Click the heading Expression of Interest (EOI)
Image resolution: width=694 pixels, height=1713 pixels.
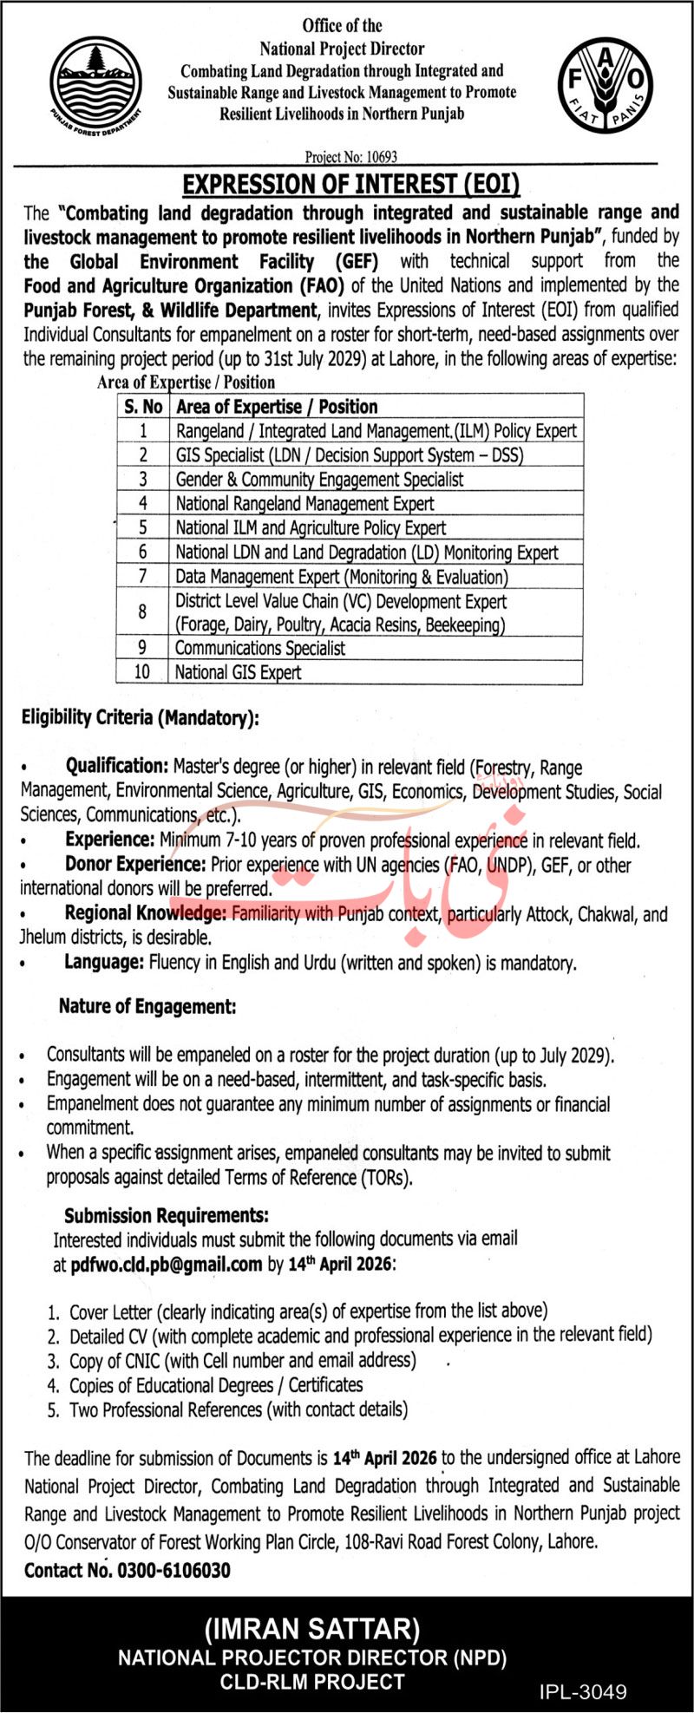click(350, 184)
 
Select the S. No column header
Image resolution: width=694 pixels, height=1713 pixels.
click(143, 406)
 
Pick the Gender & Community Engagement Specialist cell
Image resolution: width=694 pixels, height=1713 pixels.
click(319, 479)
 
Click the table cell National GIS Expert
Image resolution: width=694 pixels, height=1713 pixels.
click(238, 672)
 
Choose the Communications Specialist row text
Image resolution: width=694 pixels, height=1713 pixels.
click(259, 648)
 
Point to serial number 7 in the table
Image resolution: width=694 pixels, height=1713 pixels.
click(143, 577)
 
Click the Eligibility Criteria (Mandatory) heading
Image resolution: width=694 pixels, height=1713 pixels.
click(140, 717)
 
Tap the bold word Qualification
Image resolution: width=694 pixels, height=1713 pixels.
click(116, 766)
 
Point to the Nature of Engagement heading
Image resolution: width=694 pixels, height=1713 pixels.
click(147, 1006)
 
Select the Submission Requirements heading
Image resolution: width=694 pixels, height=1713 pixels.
click(166, 1215)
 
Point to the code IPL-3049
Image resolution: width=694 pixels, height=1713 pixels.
click(582, 1691)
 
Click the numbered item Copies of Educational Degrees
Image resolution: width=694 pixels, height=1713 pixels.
click(216, 1385)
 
